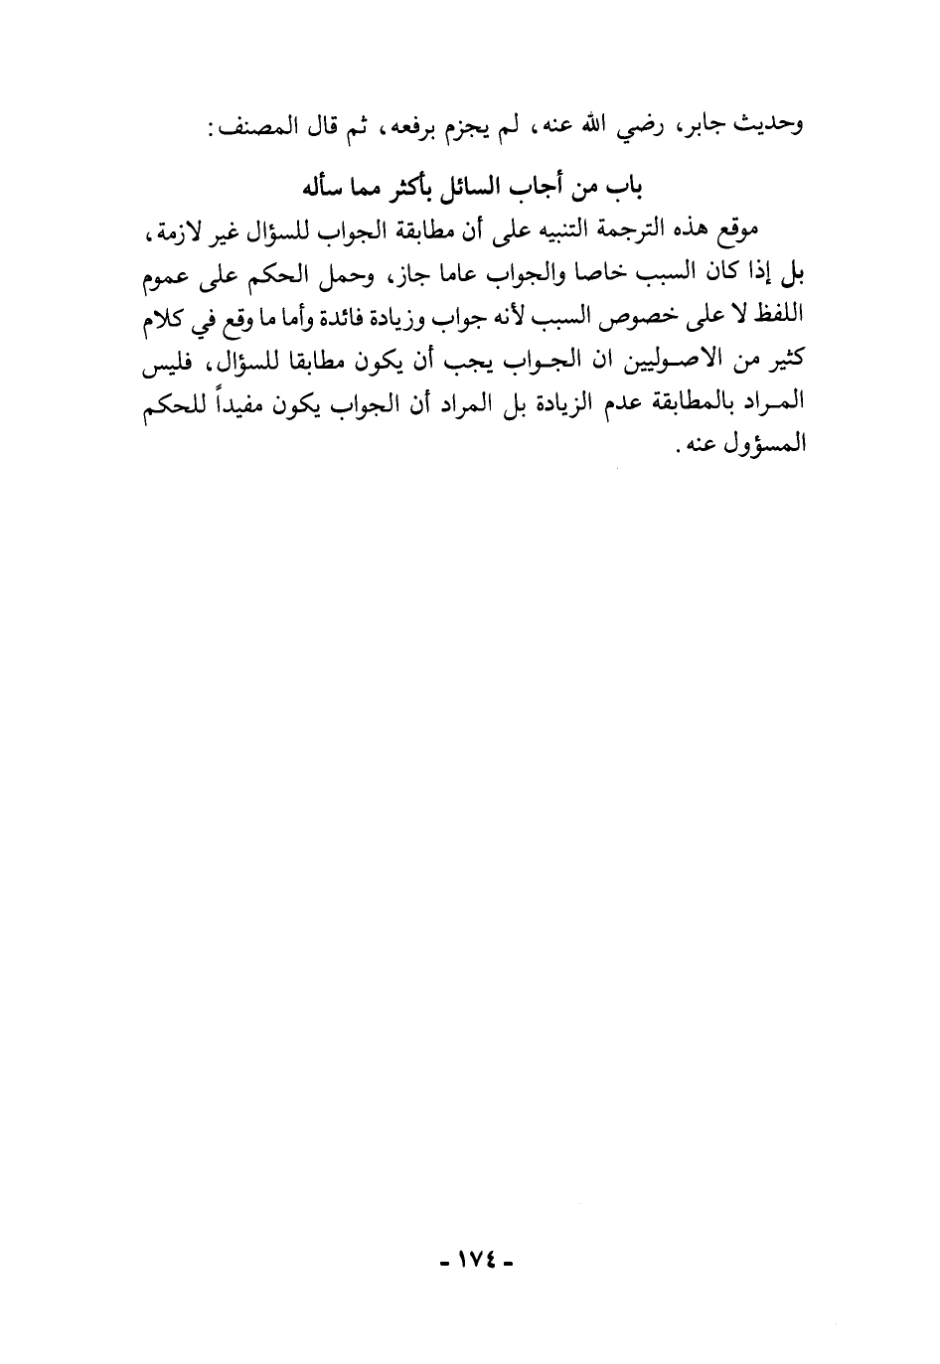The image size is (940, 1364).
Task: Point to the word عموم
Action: [167, 272]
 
